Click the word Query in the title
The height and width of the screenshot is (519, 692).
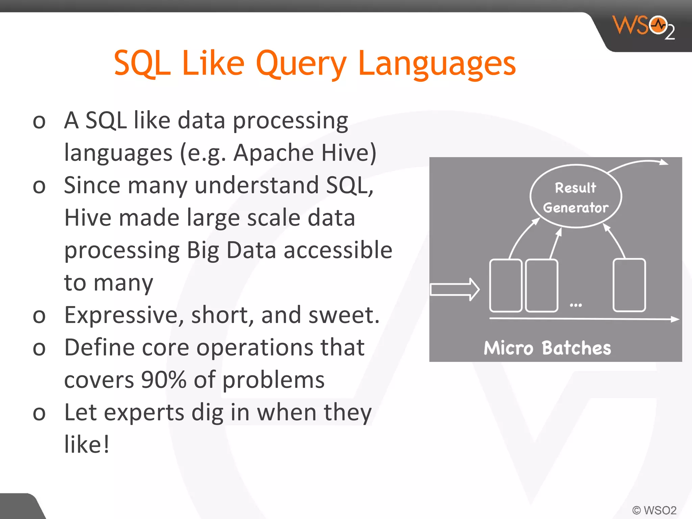click(301, 64)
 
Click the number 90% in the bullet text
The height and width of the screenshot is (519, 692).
click(164, 380)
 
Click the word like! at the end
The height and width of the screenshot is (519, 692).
click(87, 445)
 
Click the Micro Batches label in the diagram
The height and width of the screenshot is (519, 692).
click(547, 348)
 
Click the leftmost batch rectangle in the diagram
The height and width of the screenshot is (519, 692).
click(505, 285)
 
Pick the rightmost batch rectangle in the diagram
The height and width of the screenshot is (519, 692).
click(629, 285)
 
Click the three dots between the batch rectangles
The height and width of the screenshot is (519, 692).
click(575, 305)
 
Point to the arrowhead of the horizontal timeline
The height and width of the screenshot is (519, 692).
click(675, 319)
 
